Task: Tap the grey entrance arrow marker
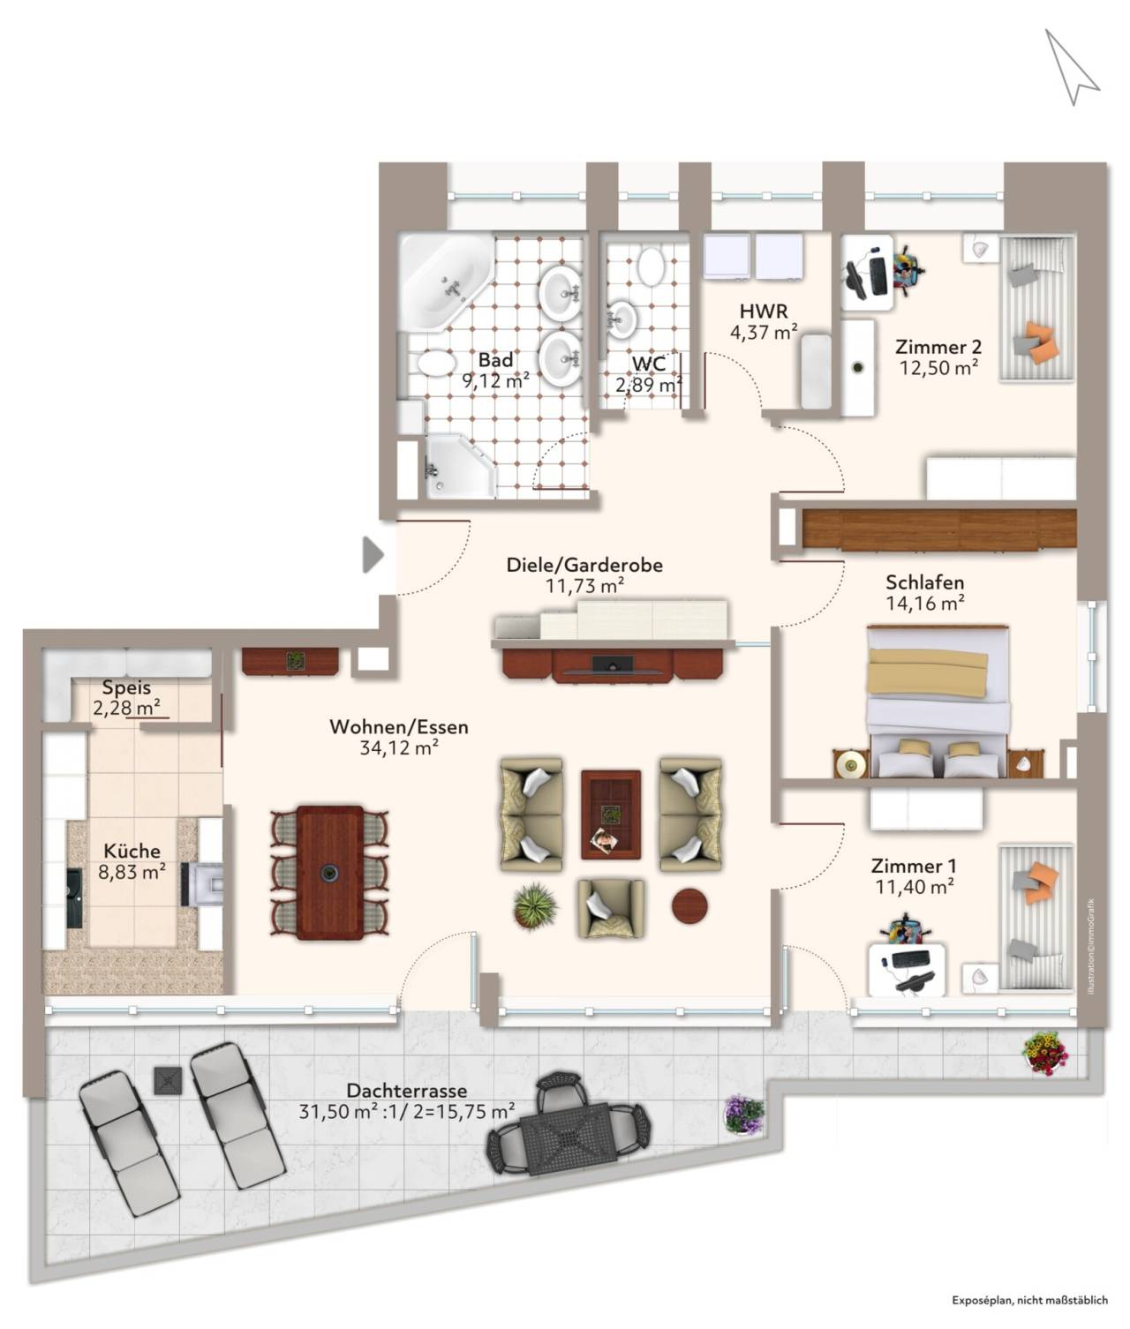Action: click(373, 554)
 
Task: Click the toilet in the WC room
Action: click(651, 267)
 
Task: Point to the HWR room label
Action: click(763, 312)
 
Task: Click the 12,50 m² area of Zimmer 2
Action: click(938, 368)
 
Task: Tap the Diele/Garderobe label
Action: click(584, 565)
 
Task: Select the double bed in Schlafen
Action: click(938, 702)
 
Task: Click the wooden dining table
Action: click(330, 872)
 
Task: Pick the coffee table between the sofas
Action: click(610, 815)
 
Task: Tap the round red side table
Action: click(689, 906)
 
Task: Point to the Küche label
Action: click(132, 851)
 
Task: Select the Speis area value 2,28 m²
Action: click(126, 708)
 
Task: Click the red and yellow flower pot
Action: click(1045, 1053)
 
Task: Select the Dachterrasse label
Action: click(406, 1091)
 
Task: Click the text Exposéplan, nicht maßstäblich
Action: click(1029, 1299)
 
